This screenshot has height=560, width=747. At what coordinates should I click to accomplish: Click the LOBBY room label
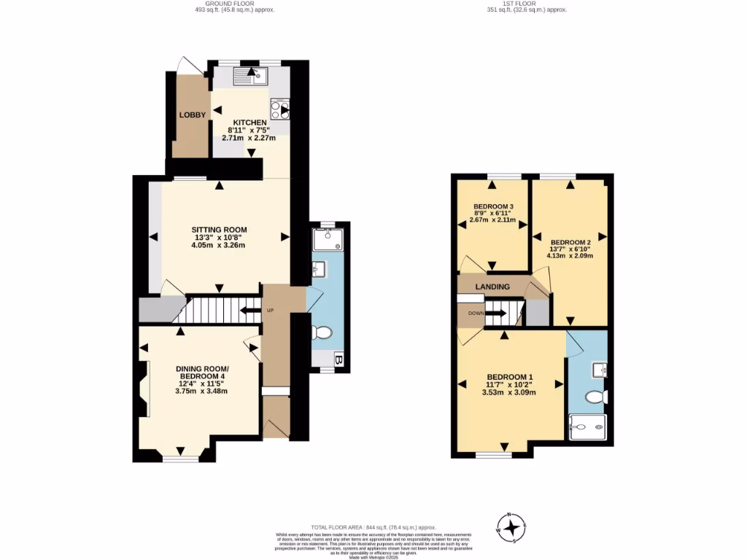pos(193,114)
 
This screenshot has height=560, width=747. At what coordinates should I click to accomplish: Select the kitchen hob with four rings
pos(280,109)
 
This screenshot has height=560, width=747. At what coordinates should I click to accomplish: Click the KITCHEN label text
pos(249,122)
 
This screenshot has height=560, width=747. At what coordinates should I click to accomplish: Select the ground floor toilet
pos(321,333)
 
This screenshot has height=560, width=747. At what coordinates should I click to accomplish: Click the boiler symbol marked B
pos(338,359)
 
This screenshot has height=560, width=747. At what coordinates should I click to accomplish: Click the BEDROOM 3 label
pos(494,206)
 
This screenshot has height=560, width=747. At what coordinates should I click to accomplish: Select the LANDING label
pos(492,287)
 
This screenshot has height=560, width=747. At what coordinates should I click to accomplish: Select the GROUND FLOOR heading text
pos(234,4)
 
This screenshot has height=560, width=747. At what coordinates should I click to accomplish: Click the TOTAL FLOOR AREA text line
pos(373,527)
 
